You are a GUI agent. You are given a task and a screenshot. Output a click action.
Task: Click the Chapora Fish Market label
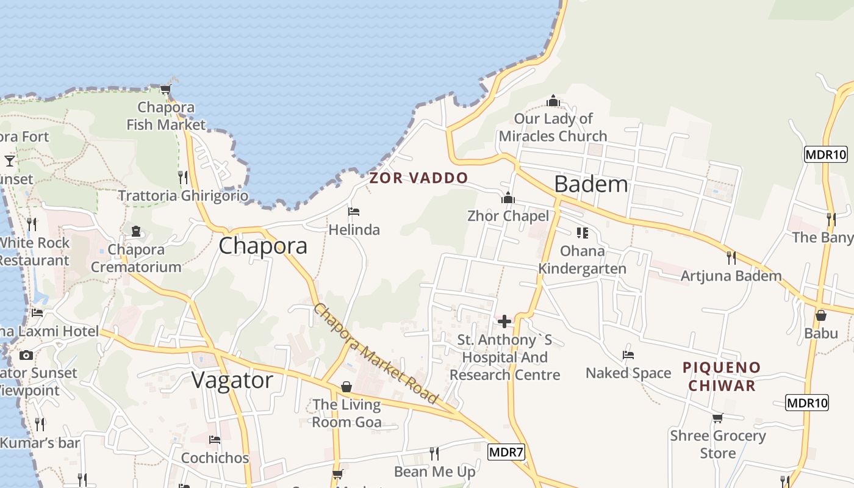[166, 116]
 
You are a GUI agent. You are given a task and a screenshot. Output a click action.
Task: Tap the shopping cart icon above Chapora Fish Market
[165, 89]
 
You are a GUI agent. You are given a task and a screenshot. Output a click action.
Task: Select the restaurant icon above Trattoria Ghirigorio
[183, 177]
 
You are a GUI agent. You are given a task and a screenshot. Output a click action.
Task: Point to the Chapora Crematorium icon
[136, 231]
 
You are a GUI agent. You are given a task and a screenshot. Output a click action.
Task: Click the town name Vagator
[232, 380]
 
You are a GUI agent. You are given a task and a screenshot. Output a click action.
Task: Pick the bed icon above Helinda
[354, 212]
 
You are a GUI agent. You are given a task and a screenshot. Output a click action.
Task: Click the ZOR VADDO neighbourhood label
[418, 178]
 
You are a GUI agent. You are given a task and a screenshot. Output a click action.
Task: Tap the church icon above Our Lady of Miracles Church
[553, 101]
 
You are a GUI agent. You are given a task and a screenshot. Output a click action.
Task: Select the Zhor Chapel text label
[508, 216]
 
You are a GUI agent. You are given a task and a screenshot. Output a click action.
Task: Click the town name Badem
[591, 184]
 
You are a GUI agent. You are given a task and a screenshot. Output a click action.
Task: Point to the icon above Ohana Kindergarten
[583, 232]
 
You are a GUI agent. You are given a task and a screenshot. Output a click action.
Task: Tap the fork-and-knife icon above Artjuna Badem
[731, 257]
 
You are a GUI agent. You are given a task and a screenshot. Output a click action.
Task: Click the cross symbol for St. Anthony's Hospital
[504, 321]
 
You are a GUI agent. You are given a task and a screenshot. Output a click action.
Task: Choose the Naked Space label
[628, 373]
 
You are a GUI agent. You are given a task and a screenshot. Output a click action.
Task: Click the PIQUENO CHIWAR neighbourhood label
[722, 376]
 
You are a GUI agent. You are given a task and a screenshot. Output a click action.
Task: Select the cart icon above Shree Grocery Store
[718, 418]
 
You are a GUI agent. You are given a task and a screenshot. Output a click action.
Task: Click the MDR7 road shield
[506, 452]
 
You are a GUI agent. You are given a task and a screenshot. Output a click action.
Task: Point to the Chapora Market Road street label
[376, 354]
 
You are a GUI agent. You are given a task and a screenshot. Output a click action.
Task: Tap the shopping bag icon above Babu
[821, 315]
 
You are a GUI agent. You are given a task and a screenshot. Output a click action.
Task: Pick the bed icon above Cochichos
[215, 439]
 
